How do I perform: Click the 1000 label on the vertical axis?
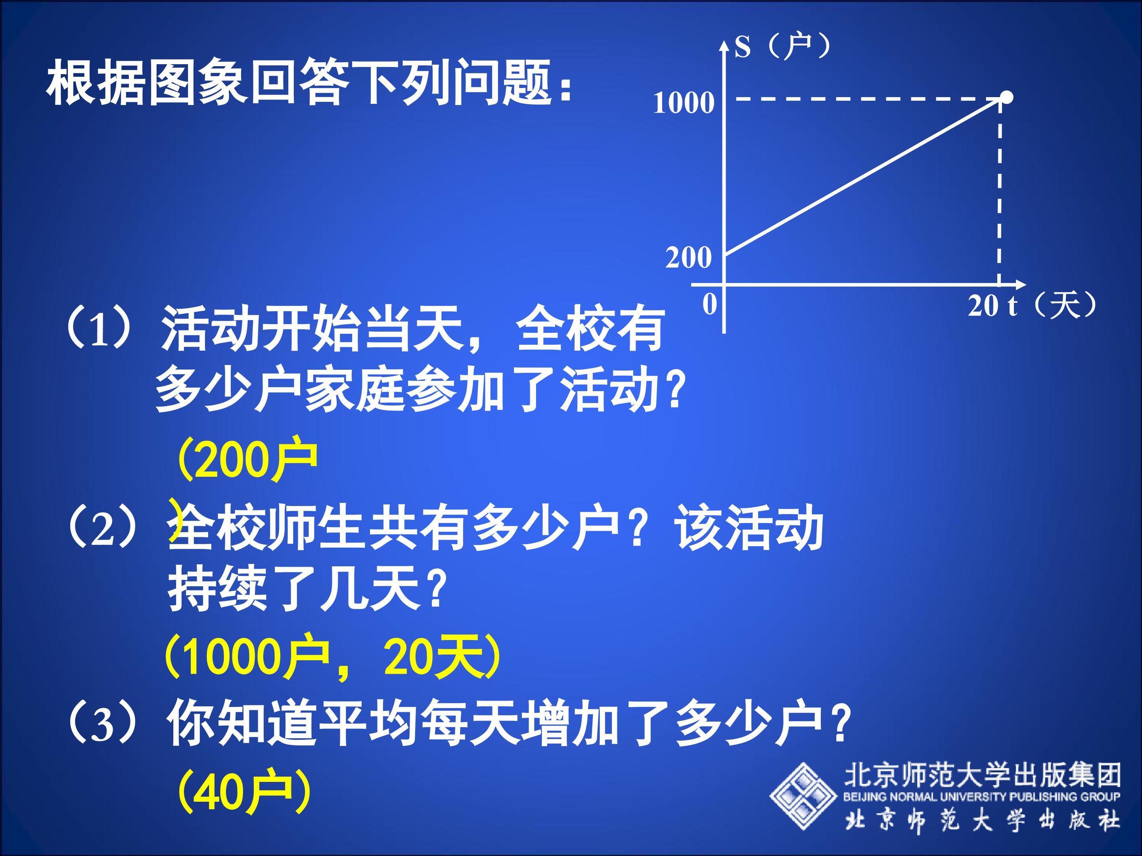pos(684,103)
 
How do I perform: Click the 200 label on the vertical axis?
pos(688,258)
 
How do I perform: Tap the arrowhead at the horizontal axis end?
pos(1021,284)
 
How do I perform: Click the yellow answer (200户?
pos(247,459)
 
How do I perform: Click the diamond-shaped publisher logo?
pos(803,796)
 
